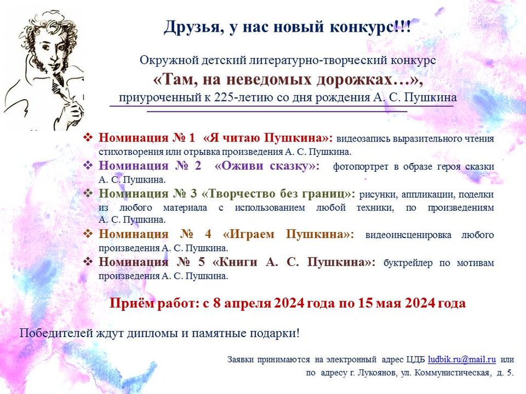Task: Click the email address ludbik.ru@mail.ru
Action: [462, 360]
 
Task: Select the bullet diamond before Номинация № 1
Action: [87, 137]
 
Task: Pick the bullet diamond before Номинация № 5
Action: [87, 261]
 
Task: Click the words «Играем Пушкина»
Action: [288, 234]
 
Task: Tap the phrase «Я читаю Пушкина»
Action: [268, 137]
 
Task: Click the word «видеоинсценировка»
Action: [408, 235]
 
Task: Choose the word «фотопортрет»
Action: [361, 167]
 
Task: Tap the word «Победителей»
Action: [56, 333]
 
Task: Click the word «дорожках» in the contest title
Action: [355, 80]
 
